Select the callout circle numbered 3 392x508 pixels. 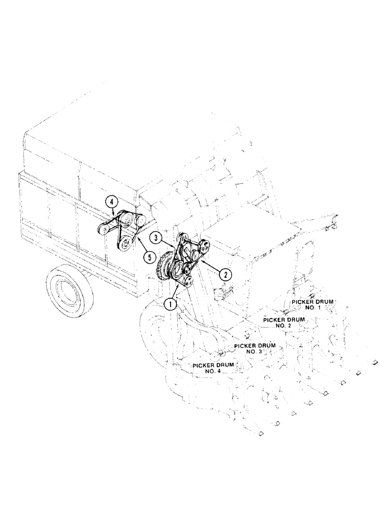[x=156, y=237]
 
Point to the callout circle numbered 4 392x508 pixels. [x=112, y=202]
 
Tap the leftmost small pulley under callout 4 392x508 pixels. [x=104, y=230]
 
